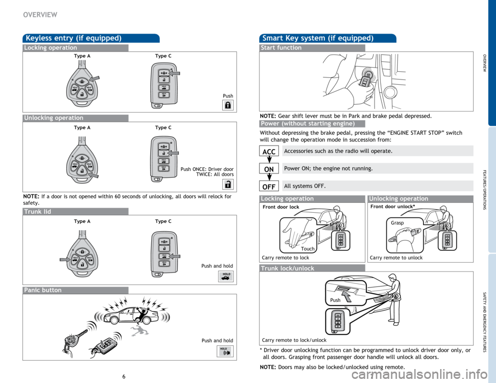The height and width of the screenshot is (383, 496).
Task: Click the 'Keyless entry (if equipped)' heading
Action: (73, 38)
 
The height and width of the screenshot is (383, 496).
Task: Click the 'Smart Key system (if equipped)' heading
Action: (318, 38)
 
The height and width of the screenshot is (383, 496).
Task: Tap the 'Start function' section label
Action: (282, 47)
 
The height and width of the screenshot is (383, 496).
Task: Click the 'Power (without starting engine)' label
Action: (307, 123)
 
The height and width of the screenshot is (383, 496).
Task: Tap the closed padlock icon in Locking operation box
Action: (228, 105)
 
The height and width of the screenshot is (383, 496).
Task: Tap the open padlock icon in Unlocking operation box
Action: (228, 184)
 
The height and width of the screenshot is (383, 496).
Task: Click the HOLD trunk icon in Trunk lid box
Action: (226, 276)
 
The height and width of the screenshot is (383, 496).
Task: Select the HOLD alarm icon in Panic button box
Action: (225, 352)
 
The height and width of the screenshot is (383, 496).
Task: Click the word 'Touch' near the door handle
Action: (307, 249)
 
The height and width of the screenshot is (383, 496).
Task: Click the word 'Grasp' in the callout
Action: (397, 223)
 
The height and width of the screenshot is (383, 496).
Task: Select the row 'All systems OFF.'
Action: (376, 186)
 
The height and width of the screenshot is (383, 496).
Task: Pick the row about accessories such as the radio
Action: (376, 151)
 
